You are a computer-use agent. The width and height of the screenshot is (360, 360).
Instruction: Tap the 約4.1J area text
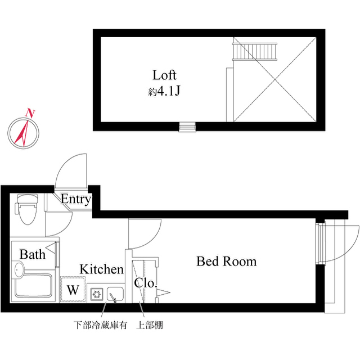pos(164,90)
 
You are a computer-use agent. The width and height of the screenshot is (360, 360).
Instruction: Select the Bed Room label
pos(226,262)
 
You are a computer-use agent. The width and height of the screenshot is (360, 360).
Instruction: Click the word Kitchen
pos(101,269)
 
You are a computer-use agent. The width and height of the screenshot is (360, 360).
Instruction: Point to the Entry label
pos(75,199)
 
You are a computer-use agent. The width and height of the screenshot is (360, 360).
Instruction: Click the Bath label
pos(33,254)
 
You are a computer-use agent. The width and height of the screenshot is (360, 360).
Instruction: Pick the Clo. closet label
pos(145,283)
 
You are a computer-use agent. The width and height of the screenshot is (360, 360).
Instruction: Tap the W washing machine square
pos(73,290)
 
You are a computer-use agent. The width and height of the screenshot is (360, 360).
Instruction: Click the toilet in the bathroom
pos(26,209)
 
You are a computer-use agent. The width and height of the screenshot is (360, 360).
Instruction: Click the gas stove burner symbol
pos(96,293)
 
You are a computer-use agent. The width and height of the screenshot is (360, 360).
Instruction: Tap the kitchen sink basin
pos(115,294)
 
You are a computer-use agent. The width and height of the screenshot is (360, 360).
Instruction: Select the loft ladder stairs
pos(256,52)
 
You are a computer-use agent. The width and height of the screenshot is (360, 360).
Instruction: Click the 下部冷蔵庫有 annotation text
pos(101,325)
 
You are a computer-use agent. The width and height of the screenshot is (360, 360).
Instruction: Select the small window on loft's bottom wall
pos(187,127)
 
